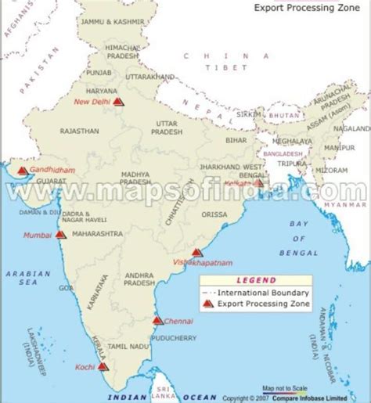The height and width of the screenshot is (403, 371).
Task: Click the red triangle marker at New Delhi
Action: tap(117, 101)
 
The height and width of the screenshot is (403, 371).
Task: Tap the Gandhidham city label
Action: tap(46, 170)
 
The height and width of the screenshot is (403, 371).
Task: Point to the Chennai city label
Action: tap(179, 320)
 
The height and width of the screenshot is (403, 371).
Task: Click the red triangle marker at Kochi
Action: tap(103, 365)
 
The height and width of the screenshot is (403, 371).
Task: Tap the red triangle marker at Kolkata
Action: tap(259, 185)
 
